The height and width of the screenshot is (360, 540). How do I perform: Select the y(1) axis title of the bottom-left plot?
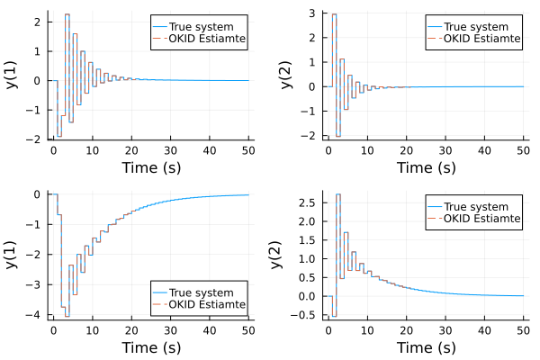(13, 255)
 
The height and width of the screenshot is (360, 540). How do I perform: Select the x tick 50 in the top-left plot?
(247, 150)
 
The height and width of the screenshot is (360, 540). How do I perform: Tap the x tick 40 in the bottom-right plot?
(481, 330)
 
